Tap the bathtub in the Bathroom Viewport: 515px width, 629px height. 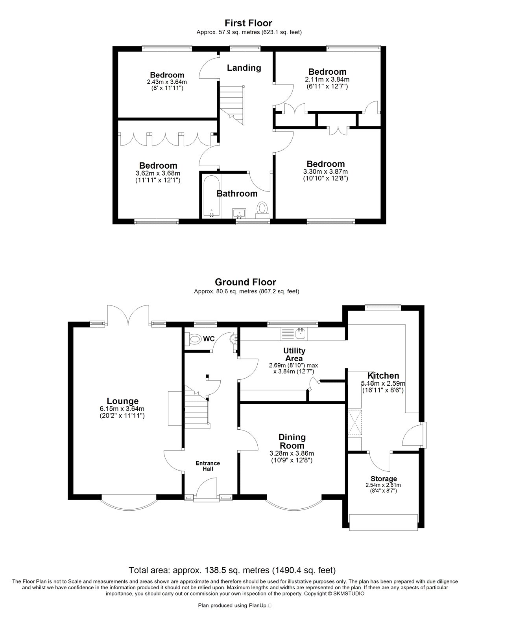(x=211, y=196)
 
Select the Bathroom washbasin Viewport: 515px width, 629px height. (x=239, y=213)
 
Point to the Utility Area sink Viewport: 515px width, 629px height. (x=293, y=334)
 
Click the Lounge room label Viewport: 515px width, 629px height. (x=123, y=401)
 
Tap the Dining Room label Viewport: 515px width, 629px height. (x=292, y=441)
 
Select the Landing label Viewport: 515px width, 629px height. (x=244, y=68)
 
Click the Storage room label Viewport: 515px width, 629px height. (x=384, y=479)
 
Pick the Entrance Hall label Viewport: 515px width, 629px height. (x=208, y=466)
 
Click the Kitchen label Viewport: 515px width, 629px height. (x=383, y=375)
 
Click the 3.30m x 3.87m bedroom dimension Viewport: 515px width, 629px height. (x=325, y=172)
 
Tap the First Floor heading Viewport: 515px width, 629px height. (x=248, y=23)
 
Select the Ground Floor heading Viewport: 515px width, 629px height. (x=246, y=282)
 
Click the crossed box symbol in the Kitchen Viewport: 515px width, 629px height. (x=355, y=422)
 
